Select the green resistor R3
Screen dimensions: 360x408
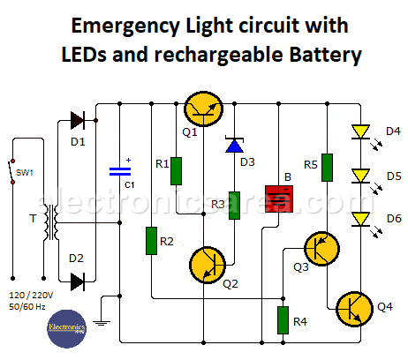pyautogui.click(x=235, y=205)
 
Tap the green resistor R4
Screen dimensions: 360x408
pyautogui.click(x=283, y=319)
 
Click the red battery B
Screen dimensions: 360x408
pyautogui.click(x=279, y=196)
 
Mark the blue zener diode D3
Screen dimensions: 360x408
pyautogui.click(x=235, y=145)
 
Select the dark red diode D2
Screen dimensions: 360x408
pyautogui.click(x=78, y=281)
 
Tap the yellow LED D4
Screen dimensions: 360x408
pyautogui.click(x=360, y=133)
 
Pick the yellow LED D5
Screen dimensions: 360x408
pyautogui.click(x=360, y=175)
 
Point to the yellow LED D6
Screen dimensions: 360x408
pyautogui.click(x=360, y=218)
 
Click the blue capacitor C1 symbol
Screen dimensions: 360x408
pyautogui.click(x=117, y=171)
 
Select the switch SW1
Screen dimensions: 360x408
pyautogui.click(x=11, y=173)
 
